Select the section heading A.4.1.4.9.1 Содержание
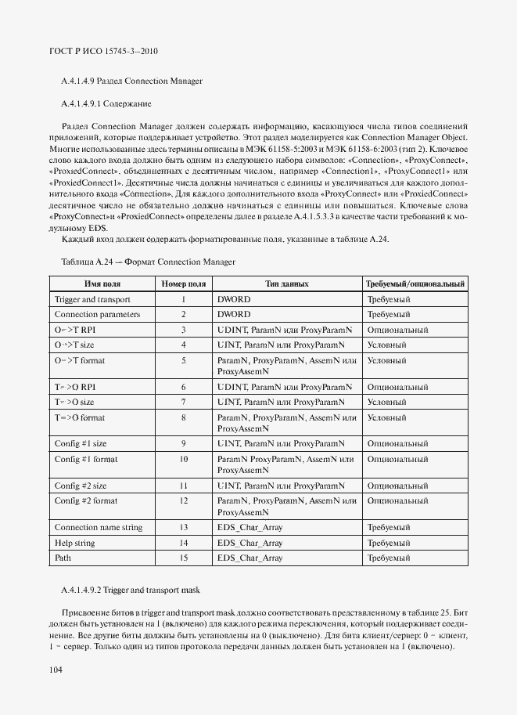pyautogui.click(x=106, y=103)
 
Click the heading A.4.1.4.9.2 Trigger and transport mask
pyautogui.click(x=131, y=588)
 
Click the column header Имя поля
pyautogui.click(x=101, y=283)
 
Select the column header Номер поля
pyautogui.click(x=183, y=283)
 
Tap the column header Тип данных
pyautogui.click(x=287, y=283)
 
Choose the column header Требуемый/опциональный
pyautogui.click(x=415, y=283)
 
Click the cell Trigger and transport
pyautogui.click(x=92, y=299)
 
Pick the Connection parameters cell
pyautogui.click(x=97, y=314)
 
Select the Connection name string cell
pyautogui.click(x=99, y=527)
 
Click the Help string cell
pyautogui.click(x=75, y=542)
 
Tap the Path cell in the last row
pyautogui.click(x=63, y=557)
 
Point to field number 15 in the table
pyautogui.click(x=183, y=557)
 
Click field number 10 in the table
pyautogui.click(x=183, y=458)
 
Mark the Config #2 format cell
pyautogui.click(x=87, y=500)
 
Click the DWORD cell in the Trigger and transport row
pyautogui.click(x=234, y=299)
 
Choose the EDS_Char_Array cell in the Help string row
pyautogui.click(x=250, y=542)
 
